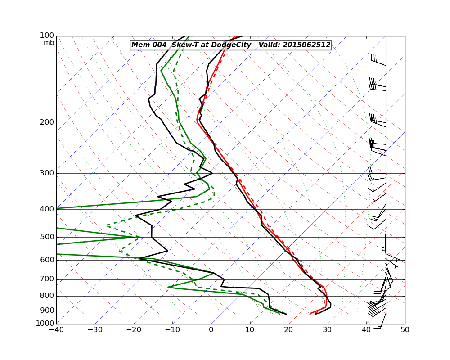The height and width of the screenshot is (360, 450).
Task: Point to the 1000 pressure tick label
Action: click(x=45, y=324)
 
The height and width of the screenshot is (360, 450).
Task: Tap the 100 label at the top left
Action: click(x=47, y=36)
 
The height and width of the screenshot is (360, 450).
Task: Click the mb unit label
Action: click(x=49, y=43)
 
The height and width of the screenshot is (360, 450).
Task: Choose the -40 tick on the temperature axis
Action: click(x=56, y=329)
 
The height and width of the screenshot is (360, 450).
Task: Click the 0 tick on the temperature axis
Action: click(x=211, y=329)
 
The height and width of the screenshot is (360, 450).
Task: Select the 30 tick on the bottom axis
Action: click(x=328, y=329)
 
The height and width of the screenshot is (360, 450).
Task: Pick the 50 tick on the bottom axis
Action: click(x=405, y=329)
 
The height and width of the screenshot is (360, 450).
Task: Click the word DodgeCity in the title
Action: click(x=230, y=45)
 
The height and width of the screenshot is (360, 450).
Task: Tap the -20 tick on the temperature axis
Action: click(x=134, y=329)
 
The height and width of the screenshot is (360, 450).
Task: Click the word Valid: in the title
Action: click(x=269, y=45)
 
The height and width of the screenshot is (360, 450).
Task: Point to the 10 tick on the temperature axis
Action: click(x=250, y=329)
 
